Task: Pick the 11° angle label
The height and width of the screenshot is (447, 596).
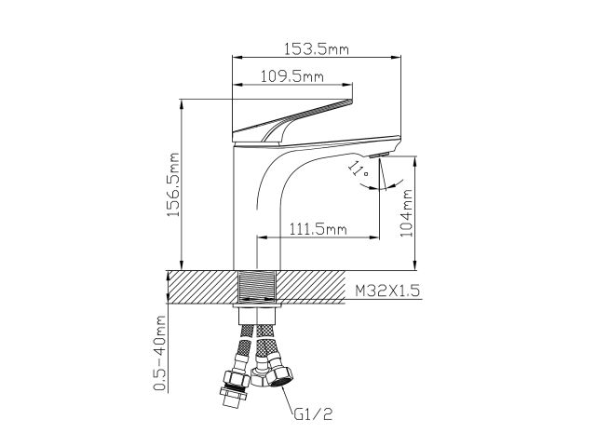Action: pyautogui.click(x=355, y=168)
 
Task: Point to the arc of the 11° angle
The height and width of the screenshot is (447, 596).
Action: pyautogui.click(x=372, y=183)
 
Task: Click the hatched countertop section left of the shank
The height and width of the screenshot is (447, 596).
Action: pyautogui.click(x=200, y=285)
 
